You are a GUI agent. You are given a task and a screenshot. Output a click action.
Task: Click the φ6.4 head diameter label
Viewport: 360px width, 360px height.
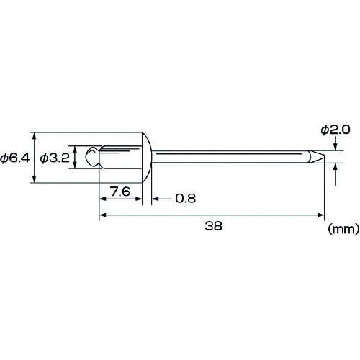[15, 158]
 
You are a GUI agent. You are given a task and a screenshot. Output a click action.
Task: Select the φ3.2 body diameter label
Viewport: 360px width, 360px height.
[55, 158]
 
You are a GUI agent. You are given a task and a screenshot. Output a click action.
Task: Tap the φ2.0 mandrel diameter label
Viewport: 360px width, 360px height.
[336, 130]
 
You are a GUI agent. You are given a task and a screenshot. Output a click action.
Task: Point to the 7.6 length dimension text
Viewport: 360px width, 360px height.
[120, 192]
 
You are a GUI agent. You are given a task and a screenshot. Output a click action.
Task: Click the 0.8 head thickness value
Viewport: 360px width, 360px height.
[186, 198]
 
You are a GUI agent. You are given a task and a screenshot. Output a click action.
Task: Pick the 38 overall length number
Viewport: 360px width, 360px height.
[213, 226]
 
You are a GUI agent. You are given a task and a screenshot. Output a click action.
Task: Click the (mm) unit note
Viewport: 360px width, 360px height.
[343, 229]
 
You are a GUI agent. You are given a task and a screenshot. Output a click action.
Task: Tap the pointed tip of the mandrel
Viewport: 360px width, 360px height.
[325, 156]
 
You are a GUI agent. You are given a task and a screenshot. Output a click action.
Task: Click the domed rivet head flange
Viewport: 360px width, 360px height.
[147, 157]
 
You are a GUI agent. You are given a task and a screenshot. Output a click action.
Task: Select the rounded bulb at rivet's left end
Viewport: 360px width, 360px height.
[92, 157]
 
